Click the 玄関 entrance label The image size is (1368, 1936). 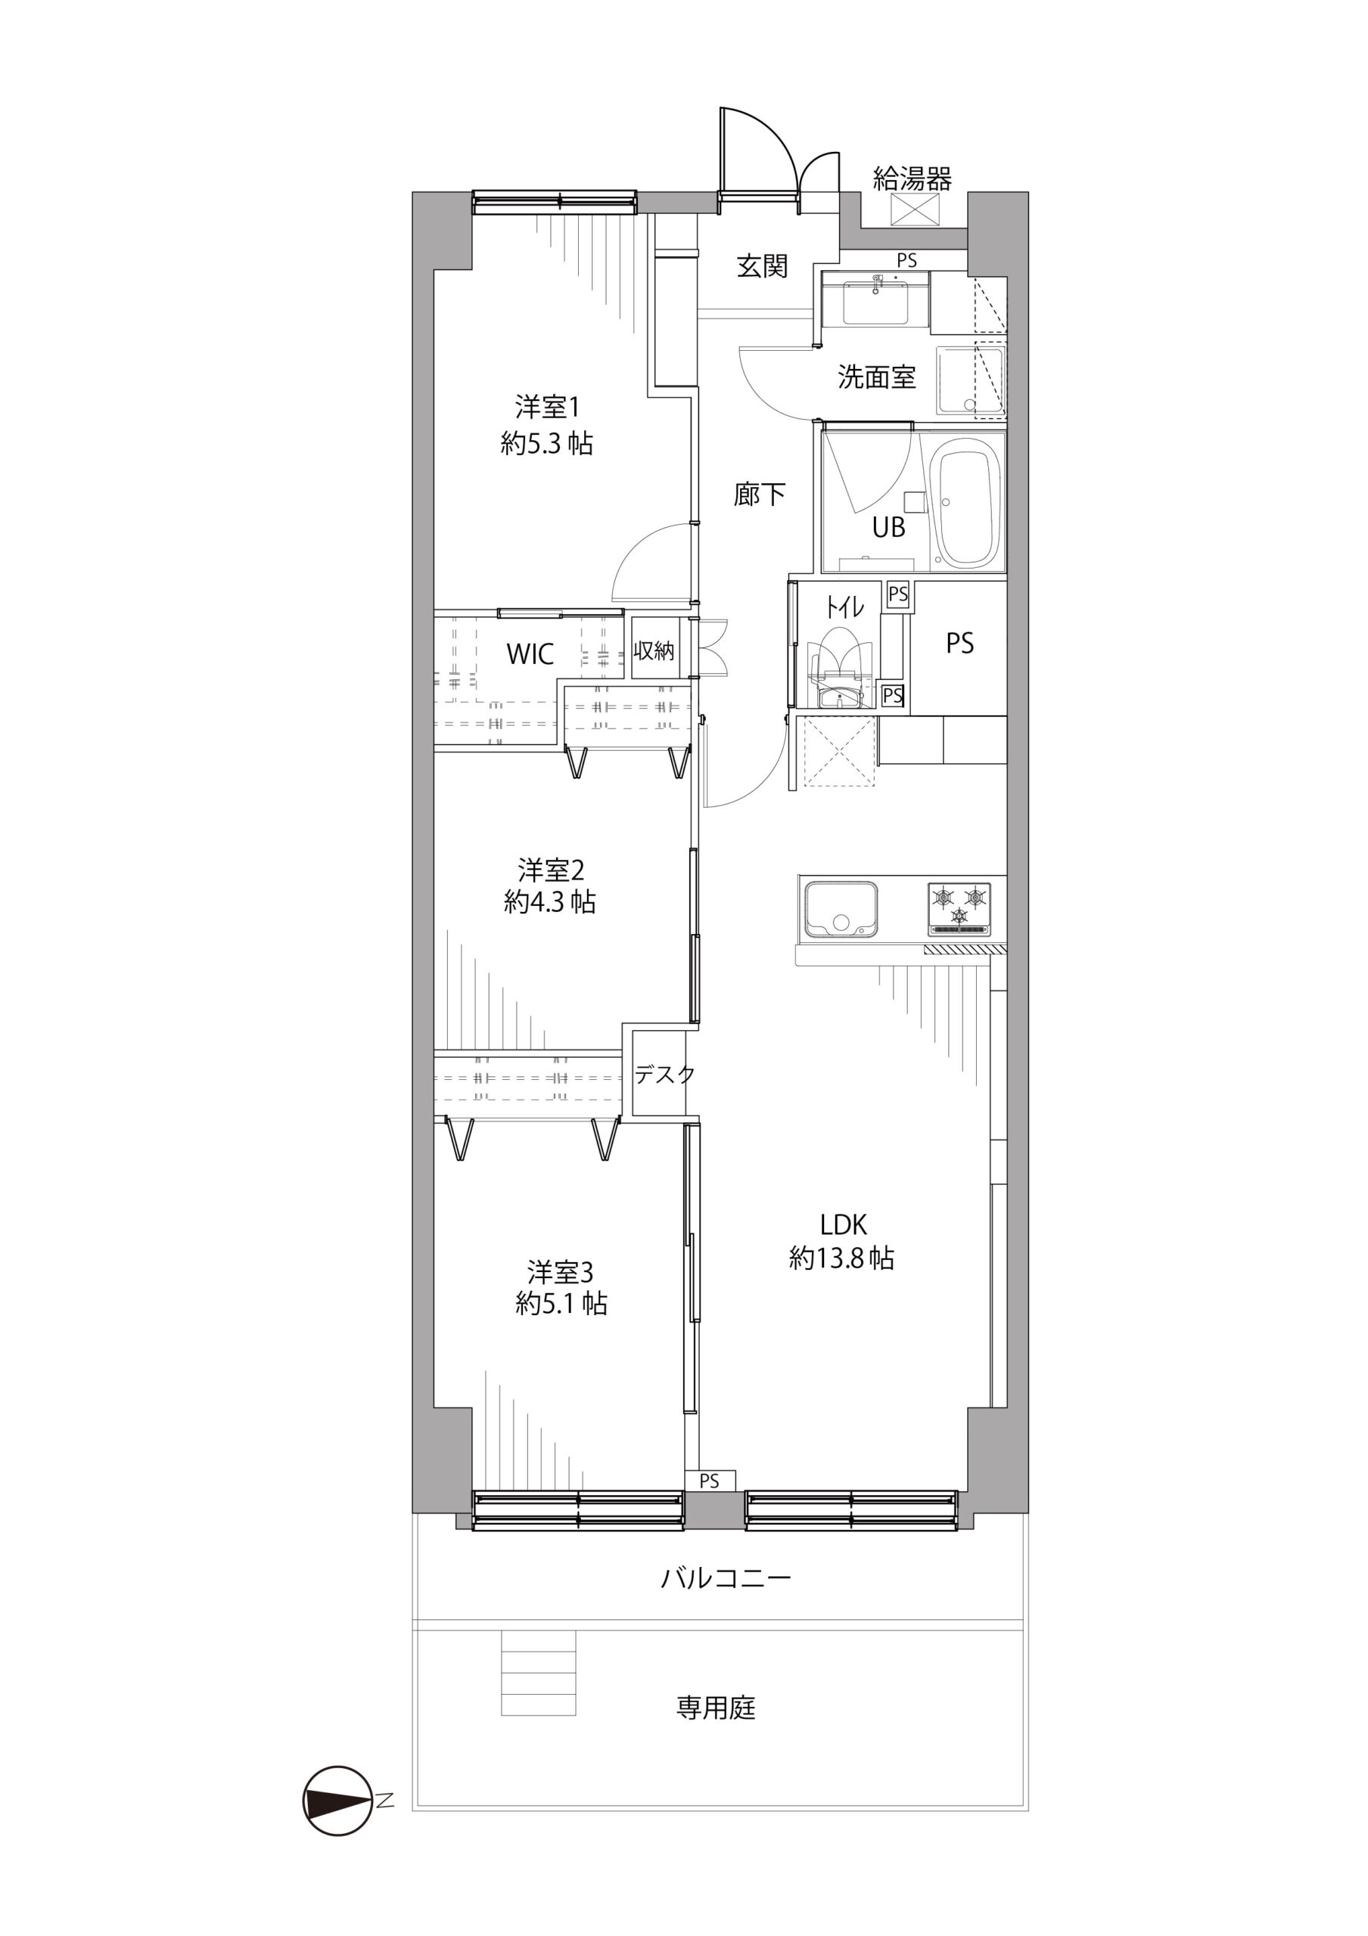point(763,265)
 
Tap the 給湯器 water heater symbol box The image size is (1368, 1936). point(914,209)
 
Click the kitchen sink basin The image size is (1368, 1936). point(840,909)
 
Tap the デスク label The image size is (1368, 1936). point(664,1074)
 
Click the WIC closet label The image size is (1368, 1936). point(530,653)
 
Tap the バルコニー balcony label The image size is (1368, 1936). point(726,1578)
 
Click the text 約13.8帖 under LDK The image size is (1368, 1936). point(841,1258)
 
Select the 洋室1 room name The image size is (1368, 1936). point(547,408)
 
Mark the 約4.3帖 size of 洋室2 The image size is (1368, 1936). point(550,902)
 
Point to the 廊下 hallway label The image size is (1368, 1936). point(759,494)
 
